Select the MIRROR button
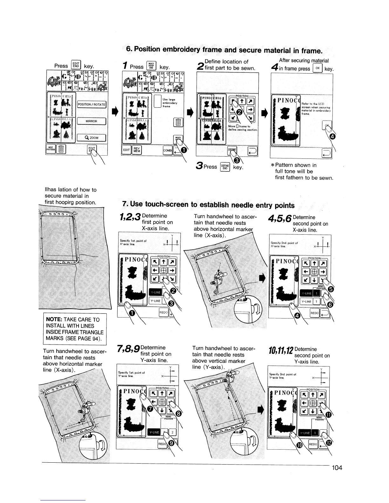click(92, 121)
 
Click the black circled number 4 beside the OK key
click(332, 137)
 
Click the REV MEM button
click(137, 150)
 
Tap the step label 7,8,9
click(128, 349)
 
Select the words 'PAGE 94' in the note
click(89, 338)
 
